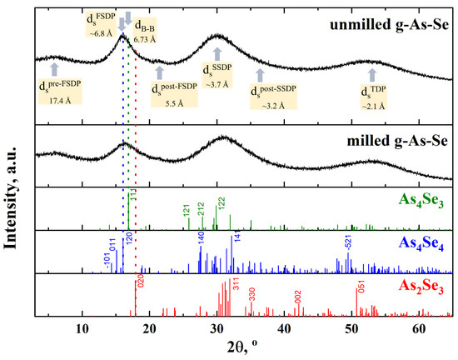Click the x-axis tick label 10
82,327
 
